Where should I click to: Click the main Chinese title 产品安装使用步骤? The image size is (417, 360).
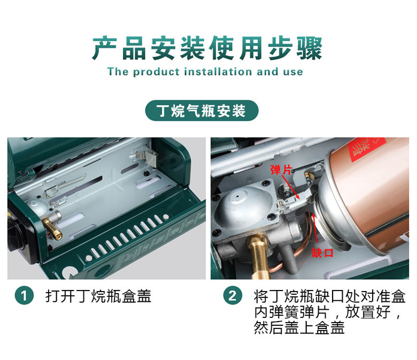point(207,48)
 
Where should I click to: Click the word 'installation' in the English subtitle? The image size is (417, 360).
point(218,72)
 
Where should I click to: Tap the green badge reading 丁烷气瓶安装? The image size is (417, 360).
point(202,111)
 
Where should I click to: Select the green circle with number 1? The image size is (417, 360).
point(24,295)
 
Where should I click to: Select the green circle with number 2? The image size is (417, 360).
point(233,295)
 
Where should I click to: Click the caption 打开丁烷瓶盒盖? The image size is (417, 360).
point(98,296)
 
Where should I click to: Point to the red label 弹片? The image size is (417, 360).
point(281,170)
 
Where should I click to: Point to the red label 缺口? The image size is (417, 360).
point(322,253)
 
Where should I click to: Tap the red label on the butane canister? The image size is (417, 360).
point(367,150)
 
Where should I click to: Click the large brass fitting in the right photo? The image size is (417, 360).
point(259,256)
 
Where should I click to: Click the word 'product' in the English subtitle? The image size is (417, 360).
point(156,72)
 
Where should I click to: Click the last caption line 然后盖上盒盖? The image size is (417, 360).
point(299,327)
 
